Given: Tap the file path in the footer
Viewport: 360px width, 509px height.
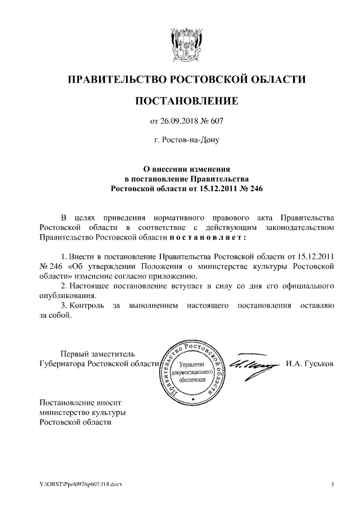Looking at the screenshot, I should click(80, 484).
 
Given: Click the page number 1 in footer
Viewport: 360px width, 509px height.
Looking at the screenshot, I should click(333, 484).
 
